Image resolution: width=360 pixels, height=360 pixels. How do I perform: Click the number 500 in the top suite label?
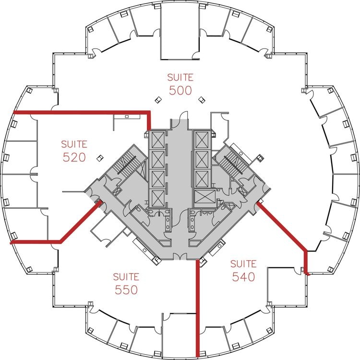point(180,90)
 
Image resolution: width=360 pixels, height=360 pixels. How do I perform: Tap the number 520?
point(74,157)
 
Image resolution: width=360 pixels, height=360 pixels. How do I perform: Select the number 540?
point(243,276)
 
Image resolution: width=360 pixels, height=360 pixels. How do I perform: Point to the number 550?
point(126,290)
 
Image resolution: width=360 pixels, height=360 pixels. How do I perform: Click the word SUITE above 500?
point(180,77)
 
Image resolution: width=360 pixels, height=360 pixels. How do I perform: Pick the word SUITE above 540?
point(243,264)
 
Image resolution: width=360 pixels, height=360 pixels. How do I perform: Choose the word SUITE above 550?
point(126,276)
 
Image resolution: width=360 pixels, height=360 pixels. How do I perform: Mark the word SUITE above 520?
point(74,144)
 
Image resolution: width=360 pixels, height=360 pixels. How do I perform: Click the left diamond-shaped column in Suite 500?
point(158,100)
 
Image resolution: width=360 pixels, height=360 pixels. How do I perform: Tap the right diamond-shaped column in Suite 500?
point(202,100)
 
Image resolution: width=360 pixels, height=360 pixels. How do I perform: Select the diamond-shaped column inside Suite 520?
point(100,158)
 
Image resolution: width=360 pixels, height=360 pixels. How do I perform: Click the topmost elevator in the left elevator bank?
point(158,140)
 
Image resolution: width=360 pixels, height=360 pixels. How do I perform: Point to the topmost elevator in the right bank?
point(202,140)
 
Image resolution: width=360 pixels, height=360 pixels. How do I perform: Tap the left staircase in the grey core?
point(130,163)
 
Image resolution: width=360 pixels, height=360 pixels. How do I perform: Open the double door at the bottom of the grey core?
point(180,256)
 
